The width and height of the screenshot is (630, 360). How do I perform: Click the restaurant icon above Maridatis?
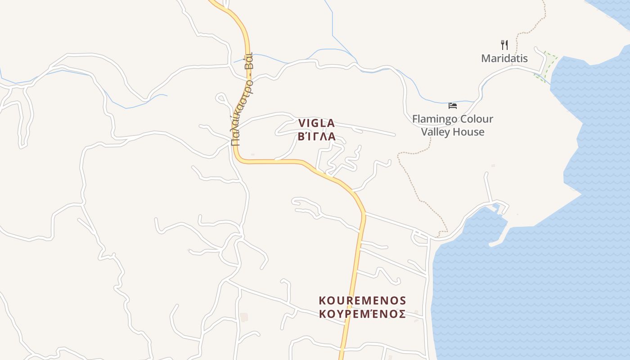(504, 45)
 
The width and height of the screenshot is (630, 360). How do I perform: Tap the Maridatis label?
(504, 58)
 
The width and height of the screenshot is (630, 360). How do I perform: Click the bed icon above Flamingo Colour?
(453, 106)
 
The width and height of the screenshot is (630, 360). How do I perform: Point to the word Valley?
(436, 132)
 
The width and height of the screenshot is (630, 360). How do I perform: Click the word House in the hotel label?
(469, 132)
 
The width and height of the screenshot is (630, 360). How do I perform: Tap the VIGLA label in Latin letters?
(317, 123)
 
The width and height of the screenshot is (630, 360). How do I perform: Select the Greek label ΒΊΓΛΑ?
(317, 136)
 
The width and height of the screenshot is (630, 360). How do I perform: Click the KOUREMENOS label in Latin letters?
(362, 301)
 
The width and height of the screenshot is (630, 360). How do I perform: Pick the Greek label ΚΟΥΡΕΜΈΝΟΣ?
(362, 314)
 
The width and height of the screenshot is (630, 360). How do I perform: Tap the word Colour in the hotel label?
(477, 119)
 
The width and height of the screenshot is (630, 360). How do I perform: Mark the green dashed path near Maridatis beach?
(545, 67)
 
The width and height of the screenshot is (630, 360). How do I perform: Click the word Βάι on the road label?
(249, 61)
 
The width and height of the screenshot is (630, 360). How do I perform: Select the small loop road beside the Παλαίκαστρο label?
(221, 98)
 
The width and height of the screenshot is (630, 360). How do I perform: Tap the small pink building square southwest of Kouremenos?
(244, 317)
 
